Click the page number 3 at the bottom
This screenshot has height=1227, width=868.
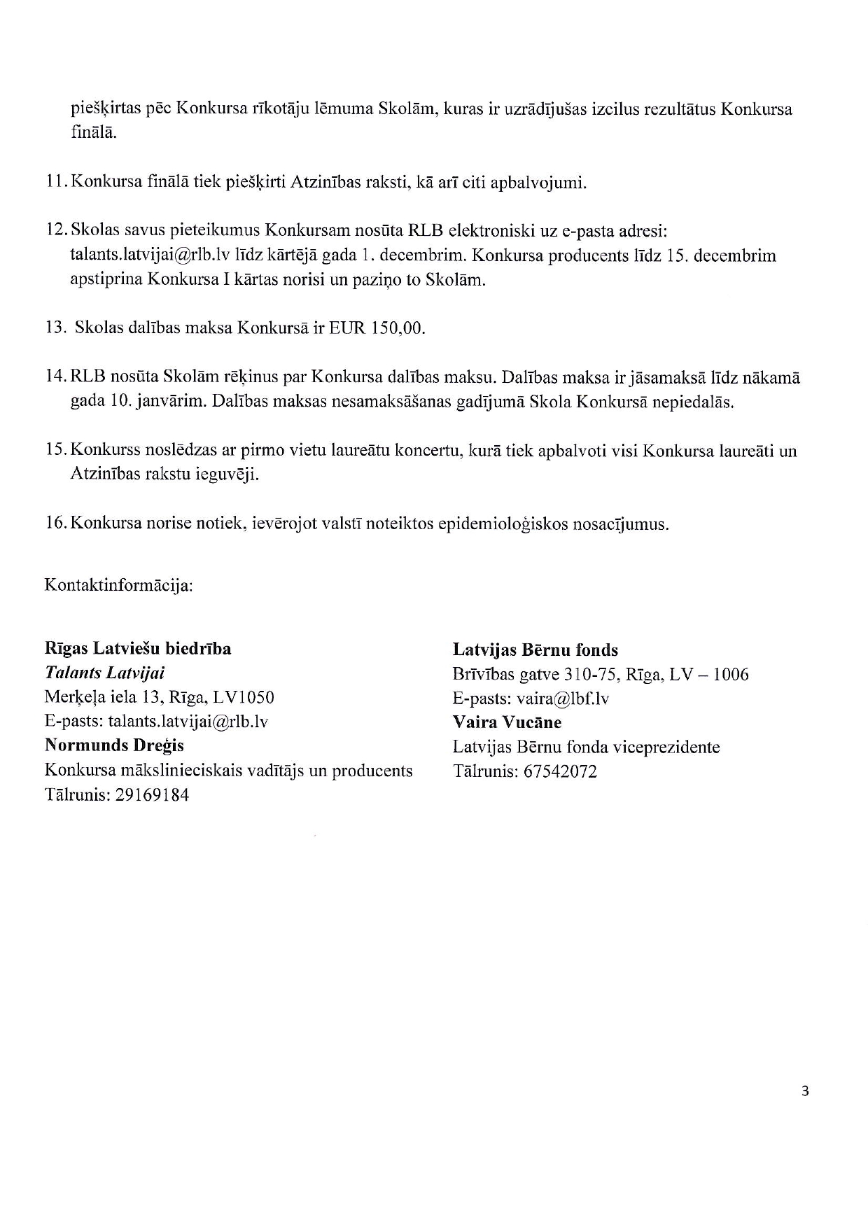[x=805, y=1091]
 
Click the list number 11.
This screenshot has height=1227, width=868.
[x=55, y=183]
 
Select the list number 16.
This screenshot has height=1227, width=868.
[x=55, y=524]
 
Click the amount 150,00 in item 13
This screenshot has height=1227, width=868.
[x=398, y=328]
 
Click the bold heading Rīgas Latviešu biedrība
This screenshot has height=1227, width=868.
[x=137, y=649]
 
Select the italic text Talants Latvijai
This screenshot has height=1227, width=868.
[x=104, y=673]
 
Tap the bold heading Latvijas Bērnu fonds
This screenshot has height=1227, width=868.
[x=535, y=650]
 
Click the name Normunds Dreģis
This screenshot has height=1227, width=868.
[x=114, y=745]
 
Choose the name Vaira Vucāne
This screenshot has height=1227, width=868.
[x=507, y=722]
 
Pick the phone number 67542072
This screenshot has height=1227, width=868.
[x=560, y=772]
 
